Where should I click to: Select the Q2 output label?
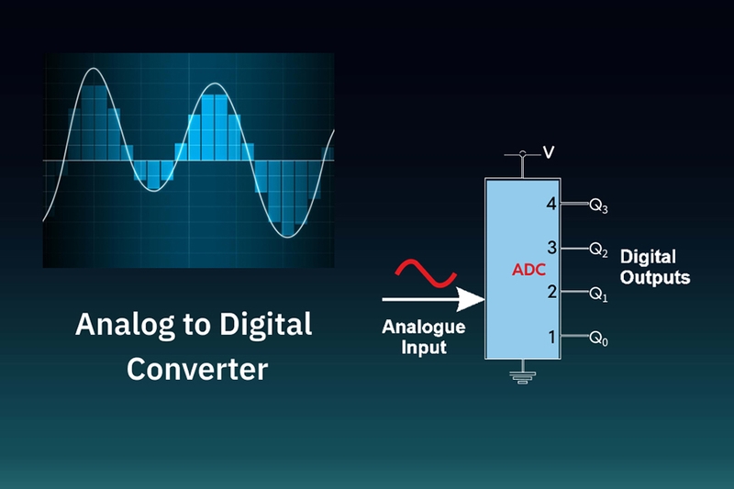pos(598,250)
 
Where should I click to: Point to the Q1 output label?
pos(598,295)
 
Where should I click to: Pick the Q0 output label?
pos(598,340)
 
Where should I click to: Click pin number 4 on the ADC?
pos(551,204)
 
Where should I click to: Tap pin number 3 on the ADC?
pos(551,248)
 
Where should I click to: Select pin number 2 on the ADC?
pos(551,292)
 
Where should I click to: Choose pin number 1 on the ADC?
pos(552,337)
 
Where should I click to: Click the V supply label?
pos(548,152)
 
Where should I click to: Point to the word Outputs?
pos(655,276)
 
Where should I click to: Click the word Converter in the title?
pos(197,369)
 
